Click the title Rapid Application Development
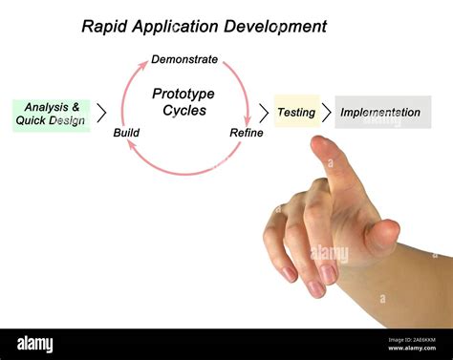[x=204, y=27]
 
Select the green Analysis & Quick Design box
[x=51, y=114]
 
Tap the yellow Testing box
[x=296, y=112]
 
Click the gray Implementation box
[x=381, y=112]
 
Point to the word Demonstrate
[x=184, y=59]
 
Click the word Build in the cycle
[x=126, y=133]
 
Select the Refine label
[x=246, y=133]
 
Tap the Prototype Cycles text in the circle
[x=183, y=102]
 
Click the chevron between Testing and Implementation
[x=326, y=113]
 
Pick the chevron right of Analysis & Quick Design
[x=101, y=114]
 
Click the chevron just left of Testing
[x=264, y=113]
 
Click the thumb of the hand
[x=384, y=235]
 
